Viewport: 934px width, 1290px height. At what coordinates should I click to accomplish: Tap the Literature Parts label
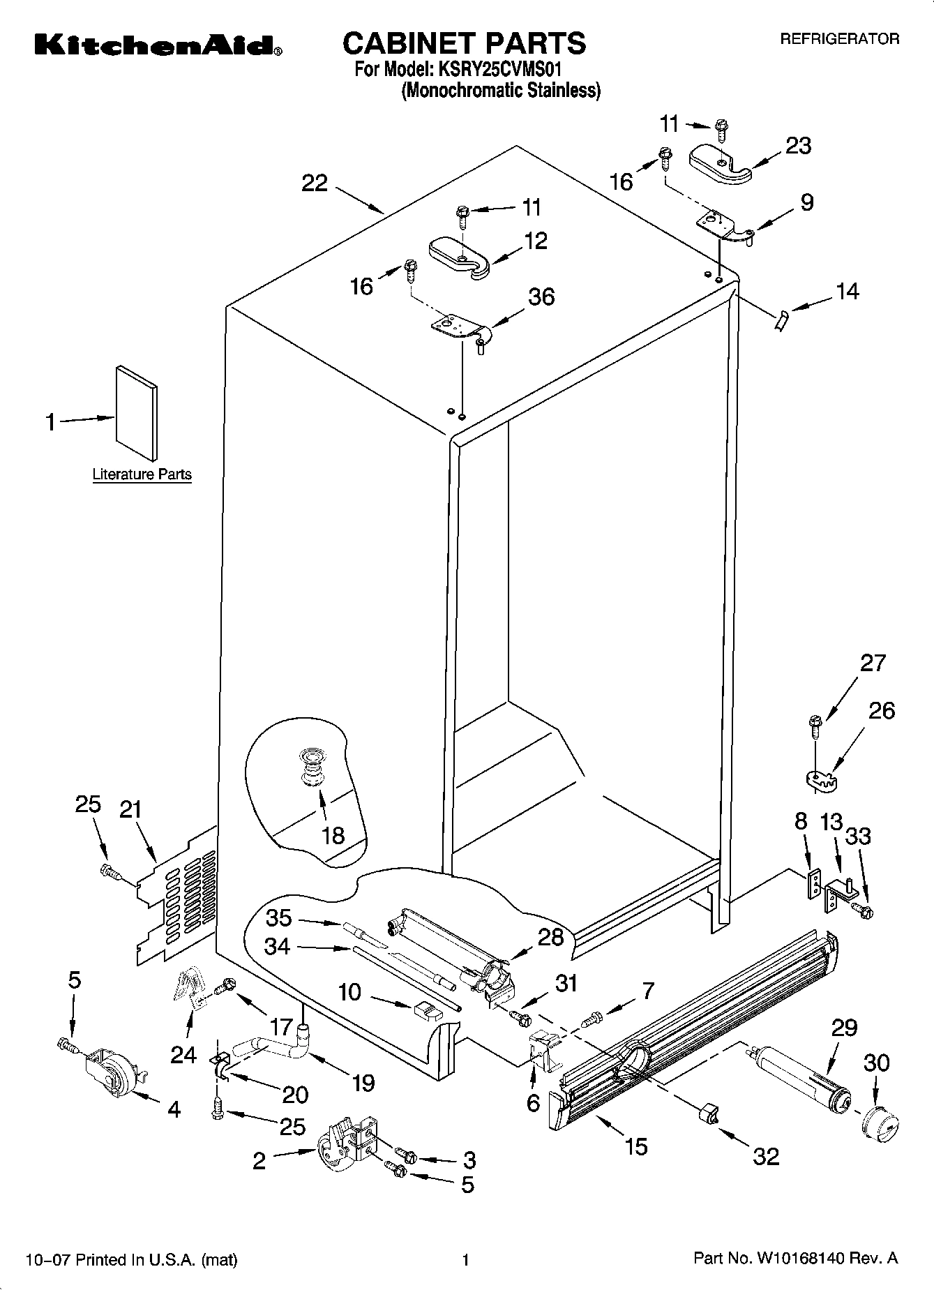142,474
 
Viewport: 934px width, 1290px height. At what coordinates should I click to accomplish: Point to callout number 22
315,183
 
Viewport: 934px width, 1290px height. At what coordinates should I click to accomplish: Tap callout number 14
847,291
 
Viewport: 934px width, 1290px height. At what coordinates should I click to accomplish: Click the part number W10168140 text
798,1259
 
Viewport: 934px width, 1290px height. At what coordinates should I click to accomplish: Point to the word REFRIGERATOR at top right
839,40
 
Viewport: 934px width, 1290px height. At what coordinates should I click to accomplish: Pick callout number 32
765,1156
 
